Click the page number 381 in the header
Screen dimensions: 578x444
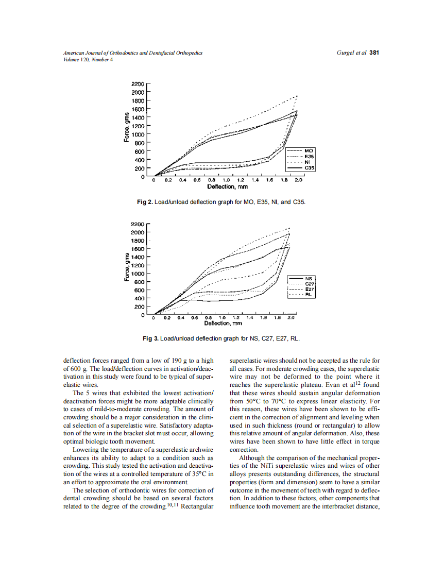tap(374, 53)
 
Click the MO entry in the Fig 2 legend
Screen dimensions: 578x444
tap(309, 150)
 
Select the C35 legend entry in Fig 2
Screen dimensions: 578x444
tap(310, 168)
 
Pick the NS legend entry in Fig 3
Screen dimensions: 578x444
tap(309, 279)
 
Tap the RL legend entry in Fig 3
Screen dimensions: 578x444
tap(309, 295)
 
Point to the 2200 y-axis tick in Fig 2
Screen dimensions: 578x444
tap(138, 83)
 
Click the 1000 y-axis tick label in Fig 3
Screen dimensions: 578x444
tap(138, 274)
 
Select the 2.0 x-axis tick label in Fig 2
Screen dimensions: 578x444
tap(298, 181)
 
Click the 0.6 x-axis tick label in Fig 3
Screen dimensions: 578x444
tap(195, 318)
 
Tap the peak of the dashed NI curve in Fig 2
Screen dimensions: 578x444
tap(297, 95)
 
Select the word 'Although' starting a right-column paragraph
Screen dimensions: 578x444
tap(251, 458)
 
